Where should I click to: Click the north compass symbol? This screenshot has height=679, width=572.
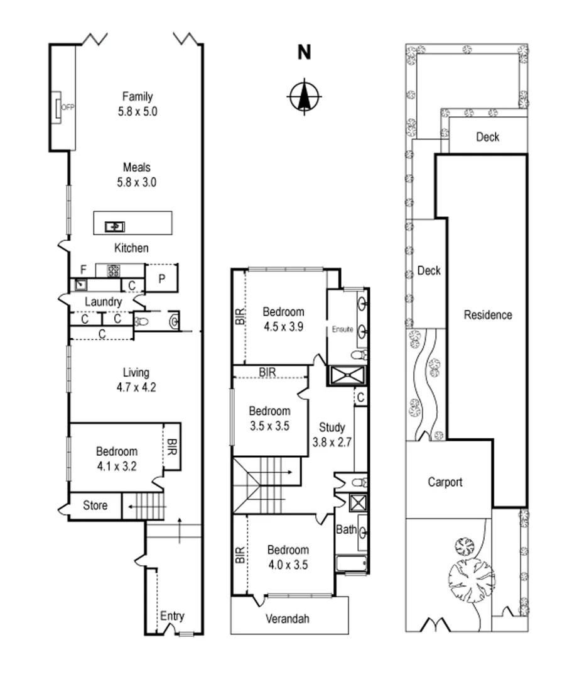[304, 97]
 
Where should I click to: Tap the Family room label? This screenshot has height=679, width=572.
[138, 96]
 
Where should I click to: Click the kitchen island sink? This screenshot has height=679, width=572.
[115, 226]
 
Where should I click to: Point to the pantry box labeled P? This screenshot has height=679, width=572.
[161, 279]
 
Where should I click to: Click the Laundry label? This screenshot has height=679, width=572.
[103, 302]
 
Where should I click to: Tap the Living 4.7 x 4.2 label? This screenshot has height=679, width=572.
[135, 380]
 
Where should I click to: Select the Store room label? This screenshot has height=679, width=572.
[95, 505]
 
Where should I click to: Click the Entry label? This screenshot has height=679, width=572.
[172, 616]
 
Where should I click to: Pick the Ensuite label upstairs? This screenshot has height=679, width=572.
[343, 329]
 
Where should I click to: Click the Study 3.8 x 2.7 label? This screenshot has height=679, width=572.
[331, 434]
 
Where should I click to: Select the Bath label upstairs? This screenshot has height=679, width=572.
[346, 530]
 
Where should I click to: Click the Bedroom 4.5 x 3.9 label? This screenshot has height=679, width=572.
[283, 319]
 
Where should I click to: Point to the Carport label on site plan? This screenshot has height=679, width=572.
[445, 482]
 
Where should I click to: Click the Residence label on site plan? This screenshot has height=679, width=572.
[488, 315]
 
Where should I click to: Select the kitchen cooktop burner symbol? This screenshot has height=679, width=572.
[114, 271]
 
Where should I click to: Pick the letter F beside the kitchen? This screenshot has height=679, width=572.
[83, 270]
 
